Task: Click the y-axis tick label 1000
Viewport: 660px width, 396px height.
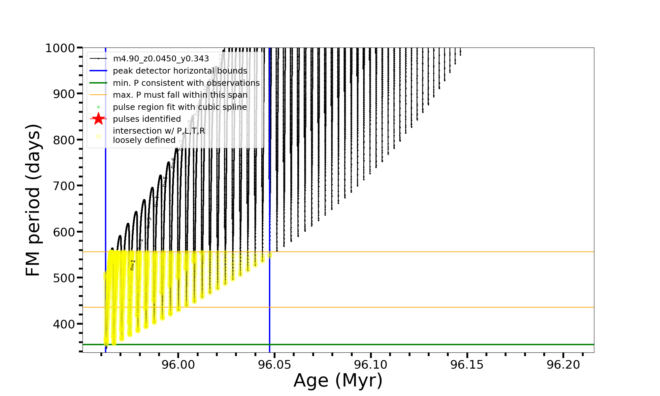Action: coord(60,49)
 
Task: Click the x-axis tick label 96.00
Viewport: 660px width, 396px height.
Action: coord(178,365)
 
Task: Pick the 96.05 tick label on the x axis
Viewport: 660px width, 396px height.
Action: coord(275,365)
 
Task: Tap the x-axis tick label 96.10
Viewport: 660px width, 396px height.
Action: coord(371,365)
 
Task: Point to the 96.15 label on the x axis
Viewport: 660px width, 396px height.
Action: coord(467,365)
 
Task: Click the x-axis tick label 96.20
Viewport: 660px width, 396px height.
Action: coord(563,365)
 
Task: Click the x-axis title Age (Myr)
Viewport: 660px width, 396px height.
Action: coord(338,380)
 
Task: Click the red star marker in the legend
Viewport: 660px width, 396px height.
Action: coord(98,119)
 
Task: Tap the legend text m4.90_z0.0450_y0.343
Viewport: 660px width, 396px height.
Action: coord(161,59)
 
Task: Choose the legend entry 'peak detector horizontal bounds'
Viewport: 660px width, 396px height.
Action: coord(180,71)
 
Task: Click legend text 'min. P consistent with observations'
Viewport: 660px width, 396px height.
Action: coord(186,83)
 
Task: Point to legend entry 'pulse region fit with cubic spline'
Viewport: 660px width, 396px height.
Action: coord(180,107)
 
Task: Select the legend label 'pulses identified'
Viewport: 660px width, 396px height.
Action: coord(147,119)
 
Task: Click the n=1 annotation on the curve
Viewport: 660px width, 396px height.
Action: coord(132,265)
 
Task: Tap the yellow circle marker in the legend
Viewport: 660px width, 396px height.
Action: coord(98,136)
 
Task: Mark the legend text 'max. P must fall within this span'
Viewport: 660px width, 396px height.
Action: coord(180,95)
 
